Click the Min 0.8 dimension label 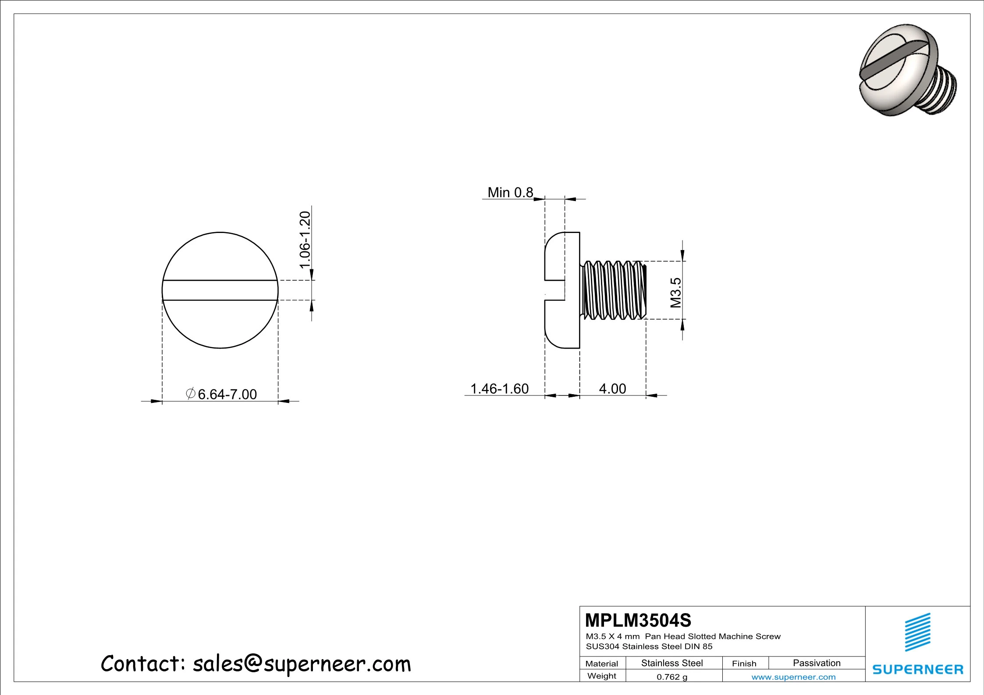click(x=510, y=192)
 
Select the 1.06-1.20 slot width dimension click(x=305, y=240)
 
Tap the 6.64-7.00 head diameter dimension click(x=227, y=394)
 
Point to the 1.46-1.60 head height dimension click(x=499, y=388)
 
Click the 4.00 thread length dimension click(x=612, y=388)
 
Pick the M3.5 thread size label click(x=676, y=293)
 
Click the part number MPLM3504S click(x=638, y=621)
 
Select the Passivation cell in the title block click(x=817, y=663)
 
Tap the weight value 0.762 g click(x=672, y=677)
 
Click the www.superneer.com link click(x=793, y=677)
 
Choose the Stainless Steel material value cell click(x=672, y=663)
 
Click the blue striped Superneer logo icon click(x=918, y=632)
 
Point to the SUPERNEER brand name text click(x=918, y=670)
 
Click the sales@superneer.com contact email click(x=302, y=664)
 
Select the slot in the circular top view click(x=220, y=290)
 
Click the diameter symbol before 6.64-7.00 click(x=191, y=393)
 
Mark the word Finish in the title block click(x=744, y=663)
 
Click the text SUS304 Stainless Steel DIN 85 click(x=649, y=646)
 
